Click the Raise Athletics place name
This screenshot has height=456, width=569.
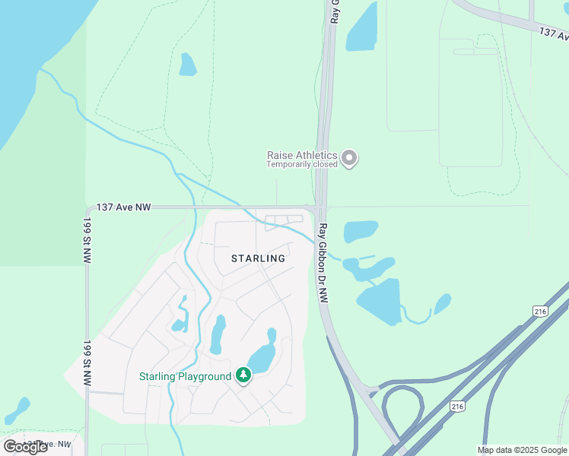tap(301, 155)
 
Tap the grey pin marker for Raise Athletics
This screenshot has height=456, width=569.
tap(349, 158)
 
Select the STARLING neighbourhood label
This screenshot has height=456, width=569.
tap(258, 258)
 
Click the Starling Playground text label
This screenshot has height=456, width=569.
tap(184, 376)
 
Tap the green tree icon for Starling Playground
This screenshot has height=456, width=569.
tap(243, 375)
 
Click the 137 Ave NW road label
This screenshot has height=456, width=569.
tap(125, 207)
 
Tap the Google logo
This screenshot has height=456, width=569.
tap(25, 446)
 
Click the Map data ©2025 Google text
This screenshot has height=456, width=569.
tap(521, 450)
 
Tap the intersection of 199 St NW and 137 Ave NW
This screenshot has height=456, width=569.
tap(87, 207)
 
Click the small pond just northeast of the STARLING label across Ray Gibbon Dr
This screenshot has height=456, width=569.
tap(361, 231)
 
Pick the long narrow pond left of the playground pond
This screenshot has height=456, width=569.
tap(217, 334)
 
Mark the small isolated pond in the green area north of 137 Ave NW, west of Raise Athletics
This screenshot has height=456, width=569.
tap(187, 65)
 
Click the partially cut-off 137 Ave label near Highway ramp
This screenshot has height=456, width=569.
tap(553, 33)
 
